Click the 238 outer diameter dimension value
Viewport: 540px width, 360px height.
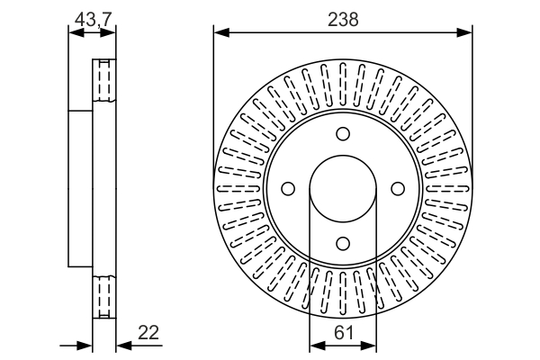(x=343, y=20)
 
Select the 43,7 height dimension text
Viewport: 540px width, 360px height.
(x=92, y=18)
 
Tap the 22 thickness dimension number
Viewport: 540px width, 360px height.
(x=148, y=332)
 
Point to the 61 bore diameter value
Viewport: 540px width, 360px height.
(x=343, y=332)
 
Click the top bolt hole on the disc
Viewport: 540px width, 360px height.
(x=343, y=135)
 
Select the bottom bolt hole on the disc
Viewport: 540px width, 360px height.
(x=343, y=243)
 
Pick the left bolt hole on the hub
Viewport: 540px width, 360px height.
(x=288, y=189)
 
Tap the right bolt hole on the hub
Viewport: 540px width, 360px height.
(x=397, y=189)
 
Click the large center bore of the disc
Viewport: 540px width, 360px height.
(x=343, y=189)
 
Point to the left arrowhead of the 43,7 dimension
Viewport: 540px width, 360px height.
(x=75, y=33)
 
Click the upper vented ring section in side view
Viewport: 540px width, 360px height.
(x=104, y=83)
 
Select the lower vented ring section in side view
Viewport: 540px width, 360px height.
(x=104, y=295)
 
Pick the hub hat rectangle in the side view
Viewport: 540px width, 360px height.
(x=81, y=189)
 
